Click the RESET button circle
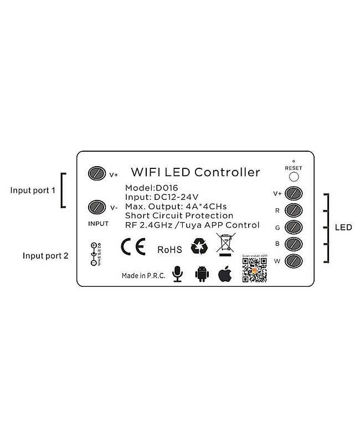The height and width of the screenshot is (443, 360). click(x=293, y=177)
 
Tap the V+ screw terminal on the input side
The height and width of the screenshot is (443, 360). click(x=96, y=173)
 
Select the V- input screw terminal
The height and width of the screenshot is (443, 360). click(x=96, y=207)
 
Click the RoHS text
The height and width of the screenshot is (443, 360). click(x=169, y=250)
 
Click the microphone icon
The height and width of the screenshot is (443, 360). click(x=177, y=274)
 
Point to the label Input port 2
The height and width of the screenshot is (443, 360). click(x=45, y=256)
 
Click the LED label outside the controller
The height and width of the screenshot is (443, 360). click(x=344, y=228)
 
